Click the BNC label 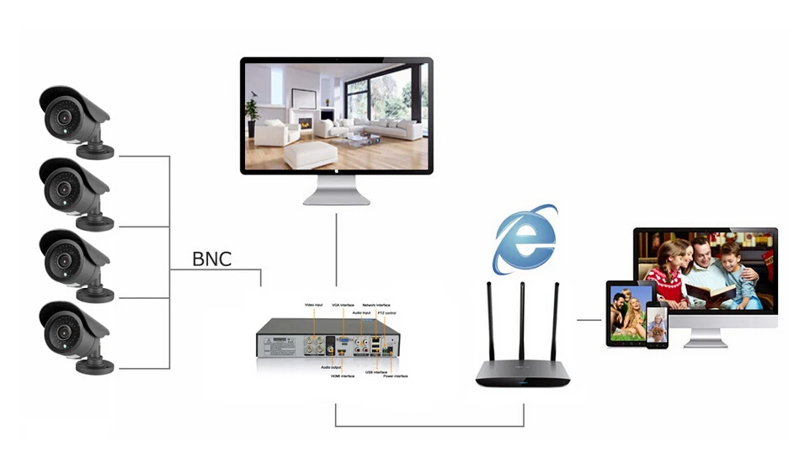point(211,258)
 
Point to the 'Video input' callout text point(314,304)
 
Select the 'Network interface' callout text point(377,304)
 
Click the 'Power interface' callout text point(396,376)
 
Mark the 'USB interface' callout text point(377,371)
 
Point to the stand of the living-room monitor point(336,192)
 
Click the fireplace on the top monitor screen point(306,124)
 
